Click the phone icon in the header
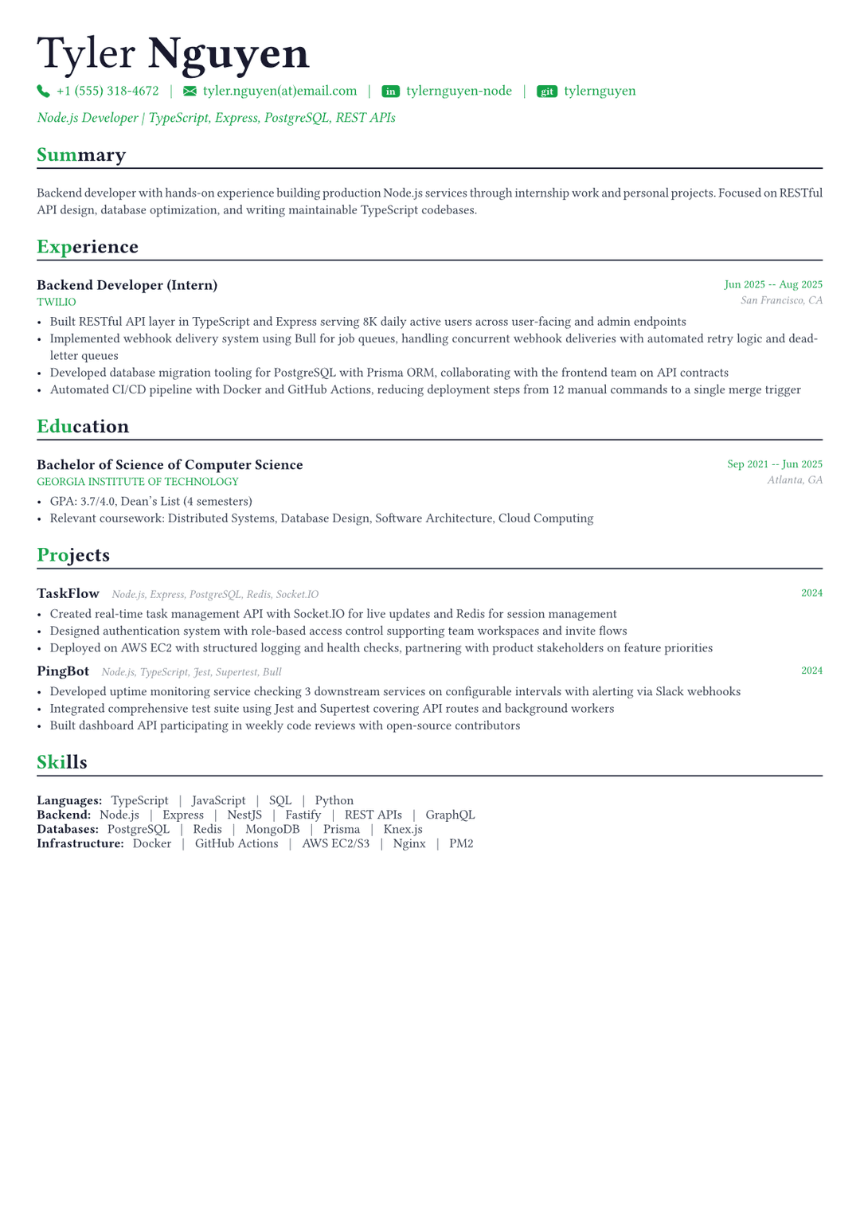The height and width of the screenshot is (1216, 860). (x=43, y=92)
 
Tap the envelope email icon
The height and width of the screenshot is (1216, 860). (x=190, y=92)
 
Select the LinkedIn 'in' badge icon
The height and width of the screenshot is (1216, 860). (x=390, y=92)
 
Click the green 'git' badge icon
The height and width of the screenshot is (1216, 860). (x=547, y=92)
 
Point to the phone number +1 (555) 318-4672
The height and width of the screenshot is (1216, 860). (x=107, y=92)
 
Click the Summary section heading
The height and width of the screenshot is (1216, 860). (x=81, y=155)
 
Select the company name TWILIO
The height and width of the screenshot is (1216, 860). (x=57, y=303)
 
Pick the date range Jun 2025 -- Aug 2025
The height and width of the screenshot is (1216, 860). (x=773, y=285)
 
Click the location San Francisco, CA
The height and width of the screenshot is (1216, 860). (x=781, y=301)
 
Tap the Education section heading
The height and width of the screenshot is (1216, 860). (x=83, y=427)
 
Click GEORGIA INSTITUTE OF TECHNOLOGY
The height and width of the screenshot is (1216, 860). (x=138, y=482)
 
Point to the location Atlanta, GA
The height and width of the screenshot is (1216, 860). (x=795, y=480)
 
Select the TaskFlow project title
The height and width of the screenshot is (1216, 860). (x=68, y=594)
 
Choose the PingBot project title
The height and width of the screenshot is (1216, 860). (x=63, y=671)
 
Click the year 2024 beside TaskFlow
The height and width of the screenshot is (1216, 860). (x=811, y=593)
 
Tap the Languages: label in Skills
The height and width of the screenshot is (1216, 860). (x=69, y=800)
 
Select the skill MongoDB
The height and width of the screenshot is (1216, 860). (x=272, y=829)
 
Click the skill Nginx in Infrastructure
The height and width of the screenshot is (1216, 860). (x=409, y=843)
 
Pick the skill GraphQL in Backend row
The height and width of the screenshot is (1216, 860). (x=450, y=815)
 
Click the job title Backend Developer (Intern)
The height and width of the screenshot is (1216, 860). (x=127, y=285)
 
